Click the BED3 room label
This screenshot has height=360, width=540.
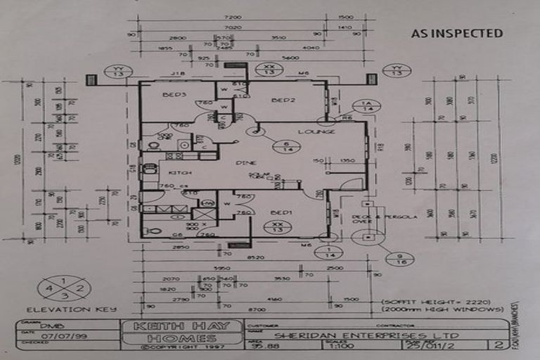[x=174, y=95]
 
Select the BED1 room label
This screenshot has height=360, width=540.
[x=283, y=212]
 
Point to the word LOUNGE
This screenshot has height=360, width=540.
[x=316, y=131]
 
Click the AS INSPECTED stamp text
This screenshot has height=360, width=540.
[x=456, y=33]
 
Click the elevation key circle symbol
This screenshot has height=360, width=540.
[x=65, y=288]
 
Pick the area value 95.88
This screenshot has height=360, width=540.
[x=266, y=346]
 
